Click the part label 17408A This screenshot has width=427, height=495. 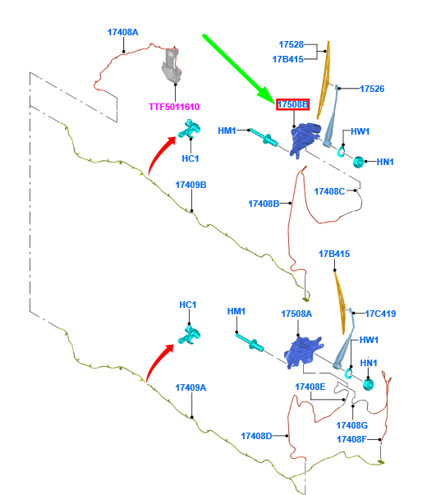pos(122,32)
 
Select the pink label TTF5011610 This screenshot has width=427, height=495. pos(174,107)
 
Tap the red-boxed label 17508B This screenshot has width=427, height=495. pos(292,104)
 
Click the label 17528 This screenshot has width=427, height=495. pos(291,45)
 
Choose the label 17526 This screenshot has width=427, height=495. pos(372,89)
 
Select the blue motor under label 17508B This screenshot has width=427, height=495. pos(305,140)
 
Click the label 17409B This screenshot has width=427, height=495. pos(191,185)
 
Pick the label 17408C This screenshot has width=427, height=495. pos(329,191)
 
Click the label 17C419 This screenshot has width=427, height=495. pos(380,314)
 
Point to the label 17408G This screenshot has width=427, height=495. pos(351,425)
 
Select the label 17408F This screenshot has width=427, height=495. pos(351,439)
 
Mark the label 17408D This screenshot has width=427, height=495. pos(256,436)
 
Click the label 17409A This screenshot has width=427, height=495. pos(191,387)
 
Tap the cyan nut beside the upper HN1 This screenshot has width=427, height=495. pos(358,162)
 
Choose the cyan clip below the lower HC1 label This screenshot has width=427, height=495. pos(189,335)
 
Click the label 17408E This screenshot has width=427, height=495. pos(310,387)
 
